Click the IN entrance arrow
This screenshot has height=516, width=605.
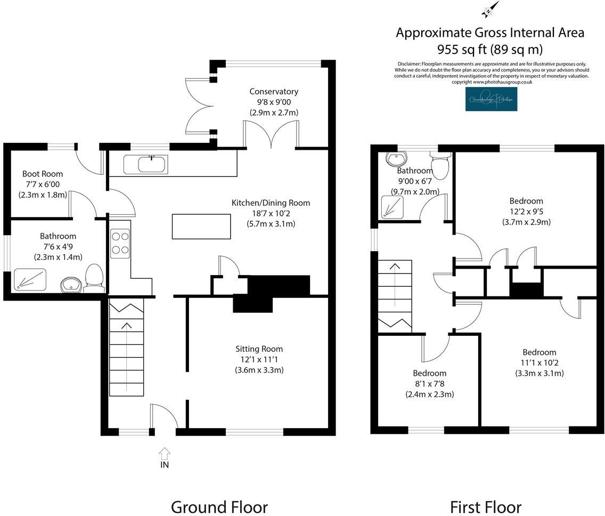[x=165, y=454]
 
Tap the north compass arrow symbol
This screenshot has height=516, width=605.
[x=490, y=9]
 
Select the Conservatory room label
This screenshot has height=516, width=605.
[x=274, y=92]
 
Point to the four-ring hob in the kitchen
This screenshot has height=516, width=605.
[x=120, y=241]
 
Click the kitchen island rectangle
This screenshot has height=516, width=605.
[x=201, y=226]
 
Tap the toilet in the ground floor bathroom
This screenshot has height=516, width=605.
[x=94, y=278]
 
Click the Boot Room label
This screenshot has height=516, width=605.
[x=43, y=174]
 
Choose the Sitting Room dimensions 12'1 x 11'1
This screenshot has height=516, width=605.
[x=259, y=359]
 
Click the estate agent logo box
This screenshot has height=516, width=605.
[x=490, y=99]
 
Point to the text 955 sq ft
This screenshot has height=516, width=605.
[x=462, y=50]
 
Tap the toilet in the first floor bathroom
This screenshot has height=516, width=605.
[x=440, y=166]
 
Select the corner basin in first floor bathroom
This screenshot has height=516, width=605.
[x=396, y=159]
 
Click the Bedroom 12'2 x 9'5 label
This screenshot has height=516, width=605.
[x=526, y=201]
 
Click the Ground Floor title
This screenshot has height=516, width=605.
[x=219, y=506]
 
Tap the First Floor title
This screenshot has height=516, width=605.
[x=485, y=506]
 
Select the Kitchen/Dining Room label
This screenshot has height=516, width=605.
[x=271, y=203]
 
